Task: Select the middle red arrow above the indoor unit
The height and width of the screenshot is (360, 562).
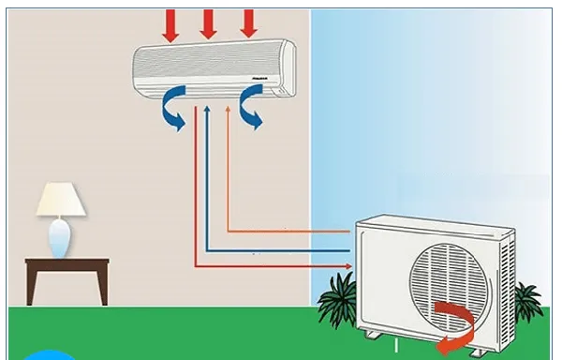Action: pyautogui.click(x=209, y=23)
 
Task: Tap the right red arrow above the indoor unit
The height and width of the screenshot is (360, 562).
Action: pyautogui.click(x=248, y=23)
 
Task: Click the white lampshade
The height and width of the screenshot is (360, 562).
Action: pyautogui.click(x=61, y=199)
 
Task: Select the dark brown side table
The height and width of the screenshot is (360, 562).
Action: pyautogui.click(x=67, y=273)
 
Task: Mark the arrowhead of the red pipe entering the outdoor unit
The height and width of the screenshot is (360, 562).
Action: pyautogui.click(x=348, y=268)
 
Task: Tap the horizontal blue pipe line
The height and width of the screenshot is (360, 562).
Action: pyautogui.click(x=281, y=250)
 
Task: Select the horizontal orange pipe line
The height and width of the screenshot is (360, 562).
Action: pyautogui.click(x=290, y=232)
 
